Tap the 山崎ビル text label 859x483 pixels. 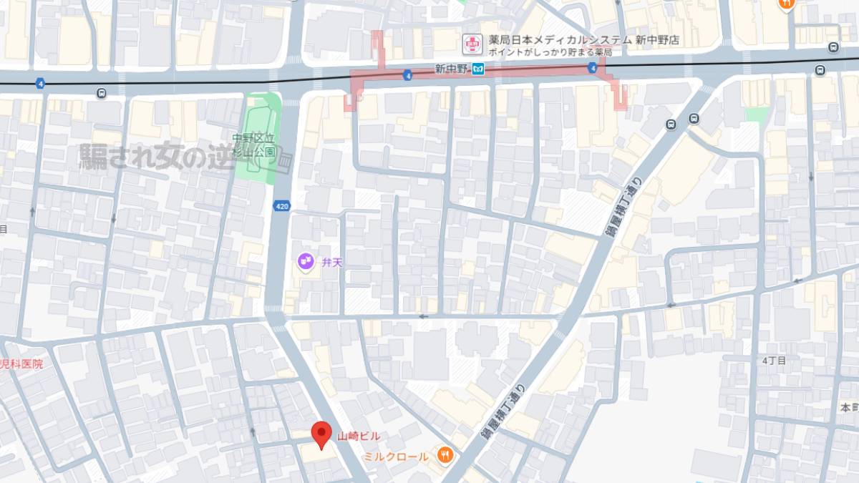(359, 436)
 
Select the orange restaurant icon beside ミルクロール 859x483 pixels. (445, 454)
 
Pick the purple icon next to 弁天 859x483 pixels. (306, 263)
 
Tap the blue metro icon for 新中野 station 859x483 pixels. (479, 69)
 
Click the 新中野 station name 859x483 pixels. (451, 69)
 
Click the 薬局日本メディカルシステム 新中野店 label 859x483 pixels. (583, 41)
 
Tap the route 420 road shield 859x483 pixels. (281, 206)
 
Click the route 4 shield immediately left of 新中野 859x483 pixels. (407, 74)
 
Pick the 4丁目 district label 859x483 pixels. (775, 361)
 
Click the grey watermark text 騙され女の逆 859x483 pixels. (157, 157)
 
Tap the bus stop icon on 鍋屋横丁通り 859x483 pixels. (671, 125)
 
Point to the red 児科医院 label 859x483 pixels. (21, 364)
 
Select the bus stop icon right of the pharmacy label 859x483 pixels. (833, 47)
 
